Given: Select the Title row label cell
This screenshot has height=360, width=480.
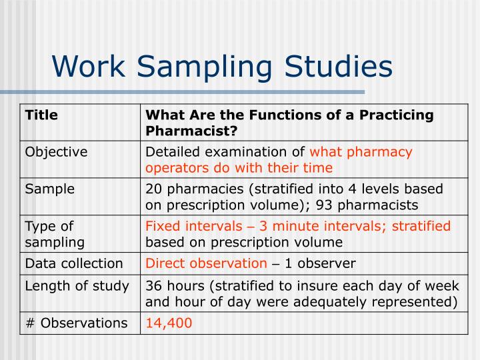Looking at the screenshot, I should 41,115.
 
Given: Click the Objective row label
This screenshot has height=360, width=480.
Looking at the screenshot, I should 56,152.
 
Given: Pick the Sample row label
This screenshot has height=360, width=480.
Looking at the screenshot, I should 49,189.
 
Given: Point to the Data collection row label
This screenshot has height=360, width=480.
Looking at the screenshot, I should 74,263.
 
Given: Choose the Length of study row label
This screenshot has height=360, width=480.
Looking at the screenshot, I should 77,286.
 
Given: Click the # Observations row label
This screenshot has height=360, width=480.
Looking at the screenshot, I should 75,323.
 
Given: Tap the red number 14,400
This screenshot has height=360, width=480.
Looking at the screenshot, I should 169,323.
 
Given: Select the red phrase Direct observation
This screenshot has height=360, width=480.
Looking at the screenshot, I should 206,263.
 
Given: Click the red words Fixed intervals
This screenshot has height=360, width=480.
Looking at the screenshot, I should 188,226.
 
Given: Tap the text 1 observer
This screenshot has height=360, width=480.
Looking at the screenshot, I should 320,263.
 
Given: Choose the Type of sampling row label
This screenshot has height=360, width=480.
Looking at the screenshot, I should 55,234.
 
